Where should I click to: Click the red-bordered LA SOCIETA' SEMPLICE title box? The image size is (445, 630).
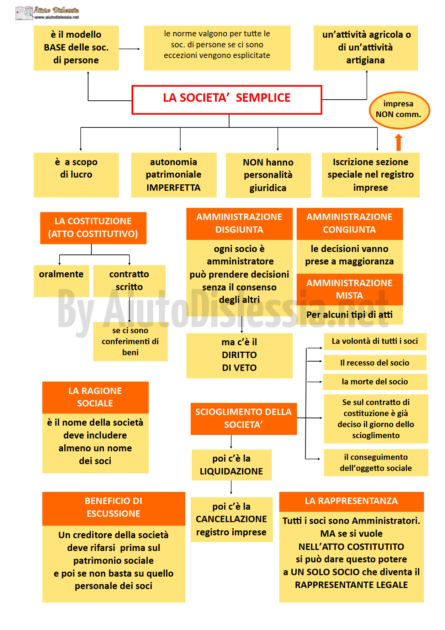227,100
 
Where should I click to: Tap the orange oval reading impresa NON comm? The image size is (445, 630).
399,110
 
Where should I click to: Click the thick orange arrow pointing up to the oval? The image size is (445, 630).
399,142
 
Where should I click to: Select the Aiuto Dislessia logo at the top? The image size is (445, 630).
47,13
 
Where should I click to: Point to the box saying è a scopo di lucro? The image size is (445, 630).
76,175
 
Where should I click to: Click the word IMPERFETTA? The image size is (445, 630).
174,188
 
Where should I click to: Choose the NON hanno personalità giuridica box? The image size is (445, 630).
268,175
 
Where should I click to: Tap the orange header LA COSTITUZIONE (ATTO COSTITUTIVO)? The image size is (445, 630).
93,228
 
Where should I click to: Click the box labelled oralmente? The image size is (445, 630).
61,281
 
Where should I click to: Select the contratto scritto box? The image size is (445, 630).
129,281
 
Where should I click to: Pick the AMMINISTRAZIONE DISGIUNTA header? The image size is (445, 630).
239,224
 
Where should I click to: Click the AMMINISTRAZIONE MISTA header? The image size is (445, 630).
350,289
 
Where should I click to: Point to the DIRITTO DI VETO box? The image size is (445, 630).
239,355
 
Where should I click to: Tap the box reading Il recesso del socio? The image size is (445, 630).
375,363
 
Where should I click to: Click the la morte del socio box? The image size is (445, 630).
375,382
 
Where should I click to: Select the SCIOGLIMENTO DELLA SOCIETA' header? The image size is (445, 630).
244,419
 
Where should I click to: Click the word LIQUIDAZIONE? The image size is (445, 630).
231,471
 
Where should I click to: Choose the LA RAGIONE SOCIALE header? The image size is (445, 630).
95,397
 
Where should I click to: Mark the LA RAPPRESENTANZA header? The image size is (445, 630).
351,502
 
